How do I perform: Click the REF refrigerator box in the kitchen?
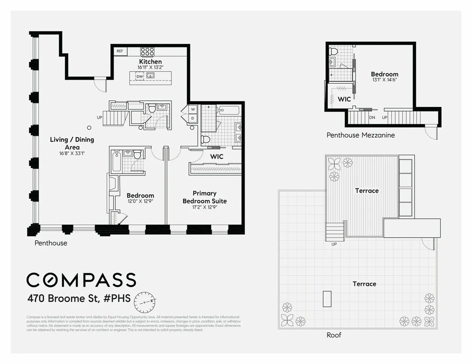point(120,51)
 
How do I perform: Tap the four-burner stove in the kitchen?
point(147,51)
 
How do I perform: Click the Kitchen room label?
point(150,62)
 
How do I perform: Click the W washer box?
point(193,110)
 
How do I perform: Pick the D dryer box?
point(193,118)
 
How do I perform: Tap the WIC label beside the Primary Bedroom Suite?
point(217,156)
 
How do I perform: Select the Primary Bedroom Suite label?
point(205,197)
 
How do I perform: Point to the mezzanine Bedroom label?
point(384,74)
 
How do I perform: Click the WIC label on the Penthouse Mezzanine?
point(344,99)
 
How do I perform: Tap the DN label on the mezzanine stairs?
point(372,117)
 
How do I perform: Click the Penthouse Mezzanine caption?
point(361,135)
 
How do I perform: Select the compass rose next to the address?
point(145,301)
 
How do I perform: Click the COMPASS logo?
point(81,280)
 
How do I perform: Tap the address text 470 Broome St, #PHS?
point(79,298)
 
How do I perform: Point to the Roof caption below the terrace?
point(334,335)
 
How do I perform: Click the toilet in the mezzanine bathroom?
point(334,51)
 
